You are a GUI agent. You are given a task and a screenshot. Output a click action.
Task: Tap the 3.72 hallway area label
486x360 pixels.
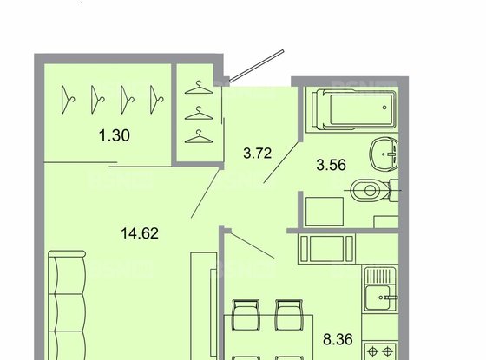click(x=257, y=154)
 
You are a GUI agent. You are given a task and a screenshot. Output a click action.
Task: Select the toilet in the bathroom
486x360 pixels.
click(x=375, y=187)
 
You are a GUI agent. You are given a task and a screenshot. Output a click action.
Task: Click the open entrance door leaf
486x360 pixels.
click(x=258, y=65)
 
